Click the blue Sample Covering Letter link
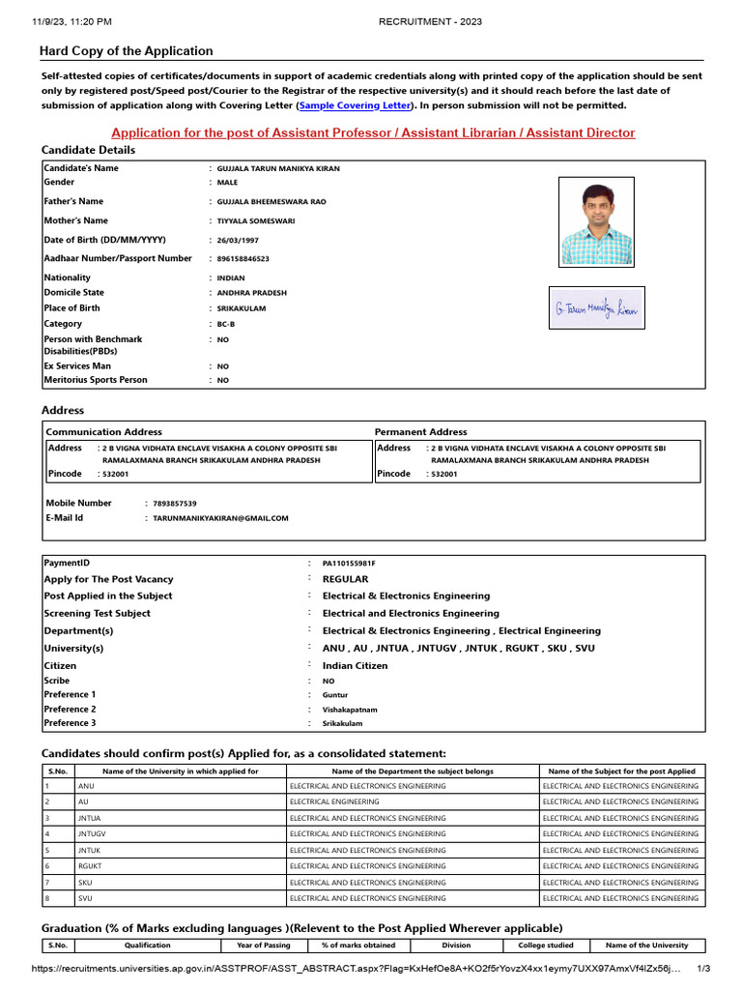tap(355, 105)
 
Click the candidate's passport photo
tap(598, 221)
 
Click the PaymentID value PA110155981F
tap(349, 563)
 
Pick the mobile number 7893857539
tap(175, 504)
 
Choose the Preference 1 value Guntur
tap(335, 695)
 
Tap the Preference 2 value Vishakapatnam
tap(350, 710)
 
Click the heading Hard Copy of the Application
tap(126, 51)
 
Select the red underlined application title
tap(373, 132)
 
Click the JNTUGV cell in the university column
tap(94, 833)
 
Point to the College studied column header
tap(546, 946)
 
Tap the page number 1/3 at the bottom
tap(703, 969)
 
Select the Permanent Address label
tap(420, 432)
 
